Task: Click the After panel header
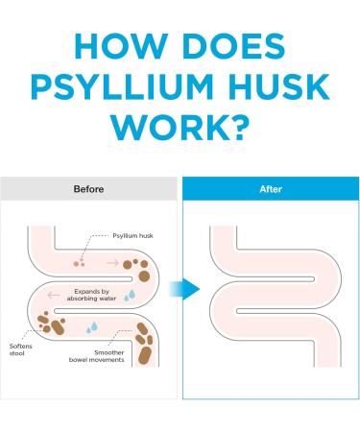click(271, 189)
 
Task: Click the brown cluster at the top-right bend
click(141, 267)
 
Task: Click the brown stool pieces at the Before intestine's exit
click(145, 346)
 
